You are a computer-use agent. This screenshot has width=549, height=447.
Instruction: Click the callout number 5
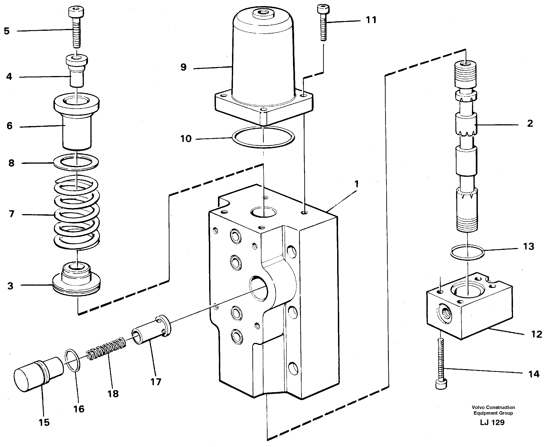coord(7,31)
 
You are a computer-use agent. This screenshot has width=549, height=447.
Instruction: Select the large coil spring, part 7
coord(77,214)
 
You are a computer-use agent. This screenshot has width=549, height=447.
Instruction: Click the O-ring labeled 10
coord(263,137)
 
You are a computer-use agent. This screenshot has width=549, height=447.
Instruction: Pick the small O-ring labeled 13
coord(467,252)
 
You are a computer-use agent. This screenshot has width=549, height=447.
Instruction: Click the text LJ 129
coord(492,422)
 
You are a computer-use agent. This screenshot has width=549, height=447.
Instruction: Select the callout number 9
coord(183,67)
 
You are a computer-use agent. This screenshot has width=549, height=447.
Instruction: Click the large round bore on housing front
coord(259,288)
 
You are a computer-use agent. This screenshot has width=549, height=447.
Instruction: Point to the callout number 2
coord(530,123)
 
